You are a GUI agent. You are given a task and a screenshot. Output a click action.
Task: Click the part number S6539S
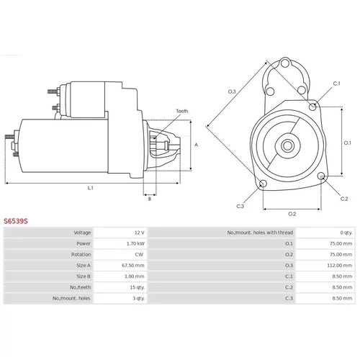tap(16, 221)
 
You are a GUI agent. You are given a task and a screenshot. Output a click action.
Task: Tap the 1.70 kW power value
tap(135, 243)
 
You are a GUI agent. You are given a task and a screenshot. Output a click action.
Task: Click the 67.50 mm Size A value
tap(133, 266)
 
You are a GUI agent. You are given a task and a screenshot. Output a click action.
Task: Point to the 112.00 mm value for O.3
tap(340, 266)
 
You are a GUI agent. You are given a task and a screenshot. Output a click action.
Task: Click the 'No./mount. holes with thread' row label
tap(260, 233)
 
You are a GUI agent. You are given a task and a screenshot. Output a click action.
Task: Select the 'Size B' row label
tap(84, 276)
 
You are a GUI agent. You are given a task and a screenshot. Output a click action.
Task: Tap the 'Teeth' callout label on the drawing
tap(182, 111)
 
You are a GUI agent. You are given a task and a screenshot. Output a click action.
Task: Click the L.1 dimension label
tap(91, 188)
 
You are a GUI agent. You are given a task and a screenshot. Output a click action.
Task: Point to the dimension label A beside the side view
tap(197, 145)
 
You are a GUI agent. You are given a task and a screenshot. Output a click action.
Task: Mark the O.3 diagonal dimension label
tap(232, 91)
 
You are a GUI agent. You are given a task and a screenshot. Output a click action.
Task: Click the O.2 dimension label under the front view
tap(292, 214)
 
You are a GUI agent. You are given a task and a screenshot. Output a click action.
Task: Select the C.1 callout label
tap(337, 84)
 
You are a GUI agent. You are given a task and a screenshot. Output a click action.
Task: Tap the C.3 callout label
tap(240, 206)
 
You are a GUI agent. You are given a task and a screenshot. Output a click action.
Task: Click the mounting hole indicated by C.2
tap(321, 176)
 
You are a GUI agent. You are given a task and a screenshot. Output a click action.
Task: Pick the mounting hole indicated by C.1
tap(312, 107)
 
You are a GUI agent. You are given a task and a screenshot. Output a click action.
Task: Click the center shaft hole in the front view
tap(287, 145)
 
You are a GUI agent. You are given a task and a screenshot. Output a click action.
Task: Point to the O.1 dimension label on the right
tap(348, 143)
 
